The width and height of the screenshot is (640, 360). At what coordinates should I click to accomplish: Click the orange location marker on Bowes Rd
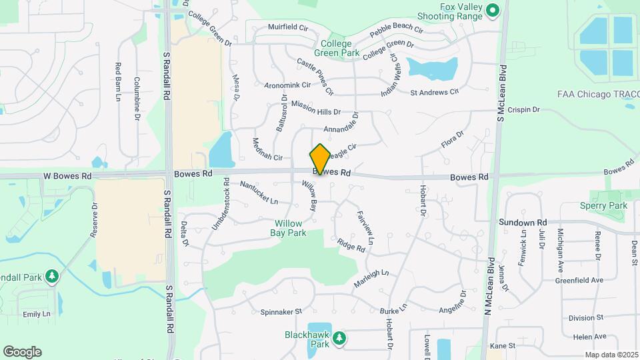click(320, 159)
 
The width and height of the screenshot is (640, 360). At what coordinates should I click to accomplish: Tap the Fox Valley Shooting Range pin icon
click(492, 10)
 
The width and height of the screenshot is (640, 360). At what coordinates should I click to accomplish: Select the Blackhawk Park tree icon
click(340, 339)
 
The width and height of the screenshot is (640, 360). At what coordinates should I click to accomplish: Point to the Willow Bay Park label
click(288, 228)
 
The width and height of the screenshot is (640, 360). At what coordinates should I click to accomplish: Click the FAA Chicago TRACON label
click(598, 94)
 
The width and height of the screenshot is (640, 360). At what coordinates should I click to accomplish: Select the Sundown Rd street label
click(523, 222)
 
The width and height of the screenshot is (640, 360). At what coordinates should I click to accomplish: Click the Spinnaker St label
click(281, 311)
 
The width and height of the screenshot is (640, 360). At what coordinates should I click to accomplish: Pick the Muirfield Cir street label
click(287, 28)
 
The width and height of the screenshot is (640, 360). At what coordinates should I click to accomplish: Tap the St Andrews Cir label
click(435, 92)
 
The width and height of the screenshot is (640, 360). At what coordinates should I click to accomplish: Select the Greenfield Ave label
click(579, 280)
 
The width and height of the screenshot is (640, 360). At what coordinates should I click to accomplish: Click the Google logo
click(22, 351)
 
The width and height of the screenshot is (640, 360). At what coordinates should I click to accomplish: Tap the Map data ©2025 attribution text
click(610, 355)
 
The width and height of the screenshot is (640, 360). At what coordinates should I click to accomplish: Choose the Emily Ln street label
click(37, 314)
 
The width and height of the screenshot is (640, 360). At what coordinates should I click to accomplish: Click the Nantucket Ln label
click(258, 193)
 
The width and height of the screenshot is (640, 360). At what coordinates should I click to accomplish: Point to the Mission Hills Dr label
click(315, 109)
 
